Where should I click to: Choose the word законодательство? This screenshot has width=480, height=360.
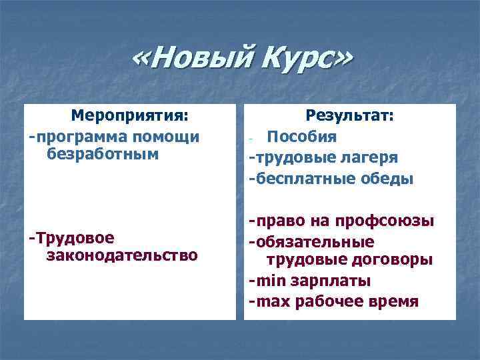pos(122,255)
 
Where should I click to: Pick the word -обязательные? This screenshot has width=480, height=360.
pos(311,241)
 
